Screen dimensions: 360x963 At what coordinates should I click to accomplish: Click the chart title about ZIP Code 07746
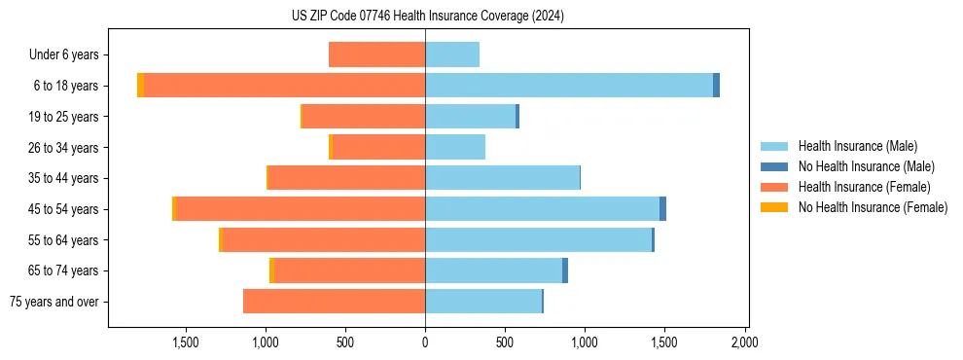tap(427, 16)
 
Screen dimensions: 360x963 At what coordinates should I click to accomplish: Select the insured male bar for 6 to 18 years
tap(569, 86)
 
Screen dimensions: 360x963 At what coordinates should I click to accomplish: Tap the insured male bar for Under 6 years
tap(452, 54)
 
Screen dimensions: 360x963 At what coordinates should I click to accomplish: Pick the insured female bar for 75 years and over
tap(334, 302)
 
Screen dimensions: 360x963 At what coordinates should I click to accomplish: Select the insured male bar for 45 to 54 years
tap(542, 209)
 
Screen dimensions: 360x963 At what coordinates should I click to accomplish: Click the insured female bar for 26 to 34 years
tap(378, 147)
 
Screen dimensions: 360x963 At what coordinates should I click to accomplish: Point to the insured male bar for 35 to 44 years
tap(502, 178)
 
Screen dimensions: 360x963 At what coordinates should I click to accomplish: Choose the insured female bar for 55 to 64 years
tap(324, 240)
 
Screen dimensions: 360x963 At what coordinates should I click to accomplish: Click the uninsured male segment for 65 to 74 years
tap(565, 270)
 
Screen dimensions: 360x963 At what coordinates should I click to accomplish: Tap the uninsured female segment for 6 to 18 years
tap(140, 86)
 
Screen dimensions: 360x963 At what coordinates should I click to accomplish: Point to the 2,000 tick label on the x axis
tap(744, 342)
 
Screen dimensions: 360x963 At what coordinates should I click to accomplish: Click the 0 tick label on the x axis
tap(425, 342)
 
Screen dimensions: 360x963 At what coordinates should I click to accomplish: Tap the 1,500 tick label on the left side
tap(186, 342)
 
